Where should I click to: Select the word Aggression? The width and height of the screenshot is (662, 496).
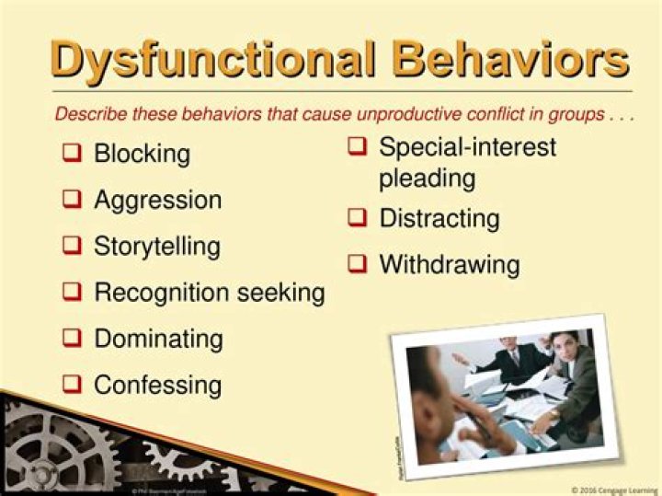click(x=157, y=200)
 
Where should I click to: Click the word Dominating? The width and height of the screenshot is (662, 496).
click(x=158, y=338)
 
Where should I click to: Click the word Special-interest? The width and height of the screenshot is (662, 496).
click(x=467, y=146)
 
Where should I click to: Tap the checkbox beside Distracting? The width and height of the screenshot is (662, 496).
click(x=358, y=218)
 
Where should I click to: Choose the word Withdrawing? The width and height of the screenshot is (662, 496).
click(x=449, y=265)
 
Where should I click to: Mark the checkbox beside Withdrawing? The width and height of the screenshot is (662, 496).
click(x=358, y=265)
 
